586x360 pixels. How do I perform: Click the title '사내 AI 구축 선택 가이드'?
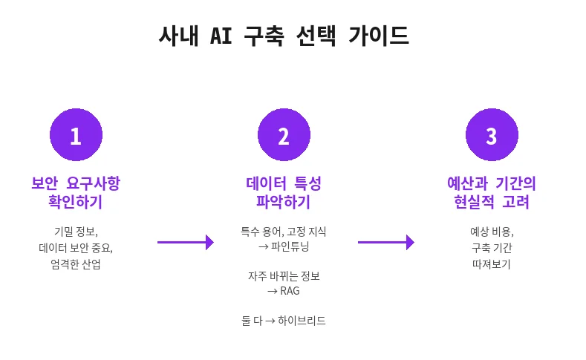284,36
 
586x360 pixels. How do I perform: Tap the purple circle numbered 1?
76,135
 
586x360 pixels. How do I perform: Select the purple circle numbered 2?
284,135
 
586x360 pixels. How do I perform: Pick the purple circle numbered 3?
491,135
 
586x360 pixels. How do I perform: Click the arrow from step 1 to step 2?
186,242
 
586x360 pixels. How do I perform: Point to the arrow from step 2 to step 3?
386,242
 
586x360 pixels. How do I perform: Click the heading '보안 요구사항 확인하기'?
76,192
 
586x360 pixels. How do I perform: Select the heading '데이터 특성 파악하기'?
284,192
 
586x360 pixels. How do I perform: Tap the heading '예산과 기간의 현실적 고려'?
491,192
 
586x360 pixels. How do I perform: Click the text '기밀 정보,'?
76,231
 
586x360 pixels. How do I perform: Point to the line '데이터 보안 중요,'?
76,247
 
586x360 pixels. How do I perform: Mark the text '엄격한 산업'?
76,264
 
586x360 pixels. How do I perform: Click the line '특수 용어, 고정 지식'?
284,231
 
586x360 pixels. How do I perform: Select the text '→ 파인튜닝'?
284,246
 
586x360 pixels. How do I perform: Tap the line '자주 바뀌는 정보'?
284,276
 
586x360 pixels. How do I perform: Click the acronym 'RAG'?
290,291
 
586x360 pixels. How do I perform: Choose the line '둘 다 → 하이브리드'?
284,321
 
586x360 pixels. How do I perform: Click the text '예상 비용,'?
491,231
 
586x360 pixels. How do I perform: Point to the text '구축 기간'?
491,247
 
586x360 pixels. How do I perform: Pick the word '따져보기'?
491,264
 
